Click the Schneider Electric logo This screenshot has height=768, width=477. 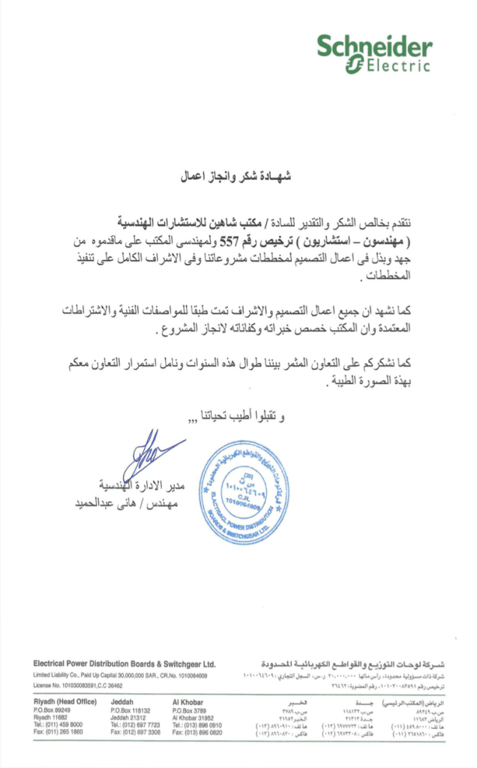pos(373,54)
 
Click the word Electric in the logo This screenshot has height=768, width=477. pos(397,66)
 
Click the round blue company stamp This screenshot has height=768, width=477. pos(244,492)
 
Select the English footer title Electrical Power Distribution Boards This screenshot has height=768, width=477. pos(124,664)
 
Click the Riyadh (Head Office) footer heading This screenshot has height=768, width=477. pos(65,701)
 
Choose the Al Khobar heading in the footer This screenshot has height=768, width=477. pos(187,701)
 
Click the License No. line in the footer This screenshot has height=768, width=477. pos(78,685)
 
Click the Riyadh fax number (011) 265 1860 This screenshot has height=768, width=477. pos(58,732)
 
